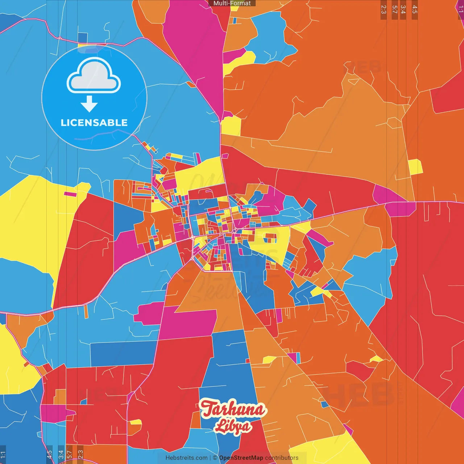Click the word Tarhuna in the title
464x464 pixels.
pyautogui.click(x=233, y=409)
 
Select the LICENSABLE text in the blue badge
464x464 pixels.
pyautogui.click(x=94, y=123)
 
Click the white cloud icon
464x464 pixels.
pyautogui.click(x=94, y=75)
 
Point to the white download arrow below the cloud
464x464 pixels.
pyautogui.click(x=89, y=104)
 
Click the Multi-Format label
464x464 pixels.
pyautogui.click(x=232, y=3)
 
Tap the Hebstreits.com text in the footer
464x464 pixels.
pyautogui.click(x=186, y=458)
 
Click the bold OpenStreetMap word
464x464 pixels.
pyautogui.click(x=241, y=458)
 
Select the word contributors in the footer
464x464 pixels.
pyautogui.click(x=282, y=458)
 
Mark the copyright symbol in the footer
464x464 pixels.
pyautogui.click(x=215, y=458)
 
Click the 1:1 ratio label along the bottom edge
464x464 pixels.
pyautogui.click(x=3, y=455)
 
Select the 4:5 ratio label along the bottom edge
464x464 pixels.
pyautogui.click(x=49, y=455)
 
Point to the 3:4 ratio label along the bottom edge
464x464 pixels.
pyautogui.click(x=61, y=455)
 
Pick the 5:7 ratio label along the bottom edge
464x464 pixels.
pyautogui.click(x=69, y=455)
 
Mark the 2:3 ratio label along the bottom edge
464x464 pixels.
pyautogui.click(x=80, y=455)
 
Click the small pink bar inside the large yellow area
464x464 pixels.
pyautogui.click(x=70, y=194)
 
